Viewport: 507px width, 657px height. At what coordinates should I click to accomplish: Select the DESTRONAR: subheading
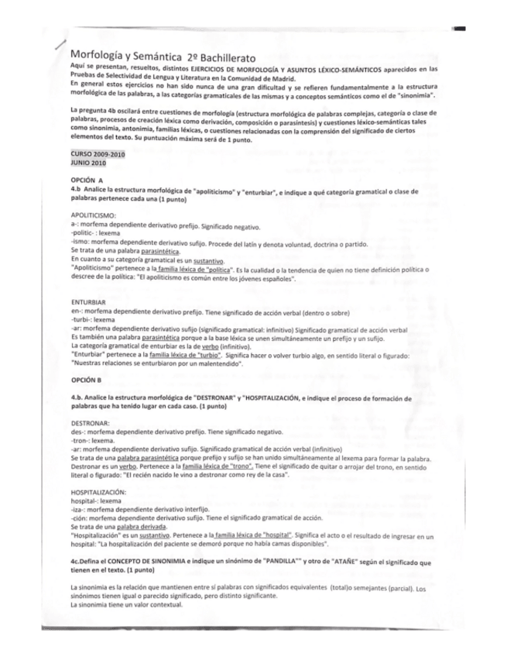90,423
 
